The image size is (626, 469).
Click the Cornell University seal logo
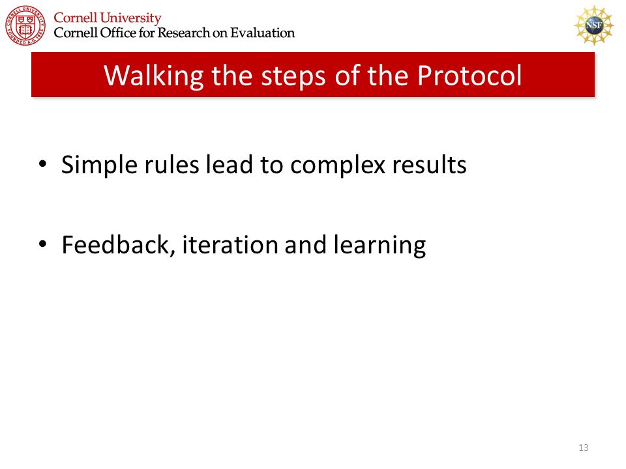(x=25, y=25)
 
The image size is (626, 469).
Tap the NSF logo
(x=593, y=25)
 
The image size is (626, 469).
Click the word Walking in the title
(x=154, y=76)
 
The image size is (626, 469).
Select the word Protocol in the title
(x=469, y=75)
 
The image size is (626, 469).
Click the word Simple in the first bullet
(x=99, y=165)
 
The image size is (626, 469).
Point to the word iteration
(x=230, y=244)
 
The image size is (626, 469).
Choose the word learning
(x=380, y=246)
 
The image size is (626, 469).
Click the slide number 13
(x=583, y=448)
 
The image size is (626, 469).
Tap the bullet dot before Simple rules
(x=43, y=165)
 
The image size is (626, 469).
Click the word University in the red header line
(x=130, y=18)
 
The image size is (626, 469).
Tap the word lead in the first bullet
(x=229, y=164)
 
